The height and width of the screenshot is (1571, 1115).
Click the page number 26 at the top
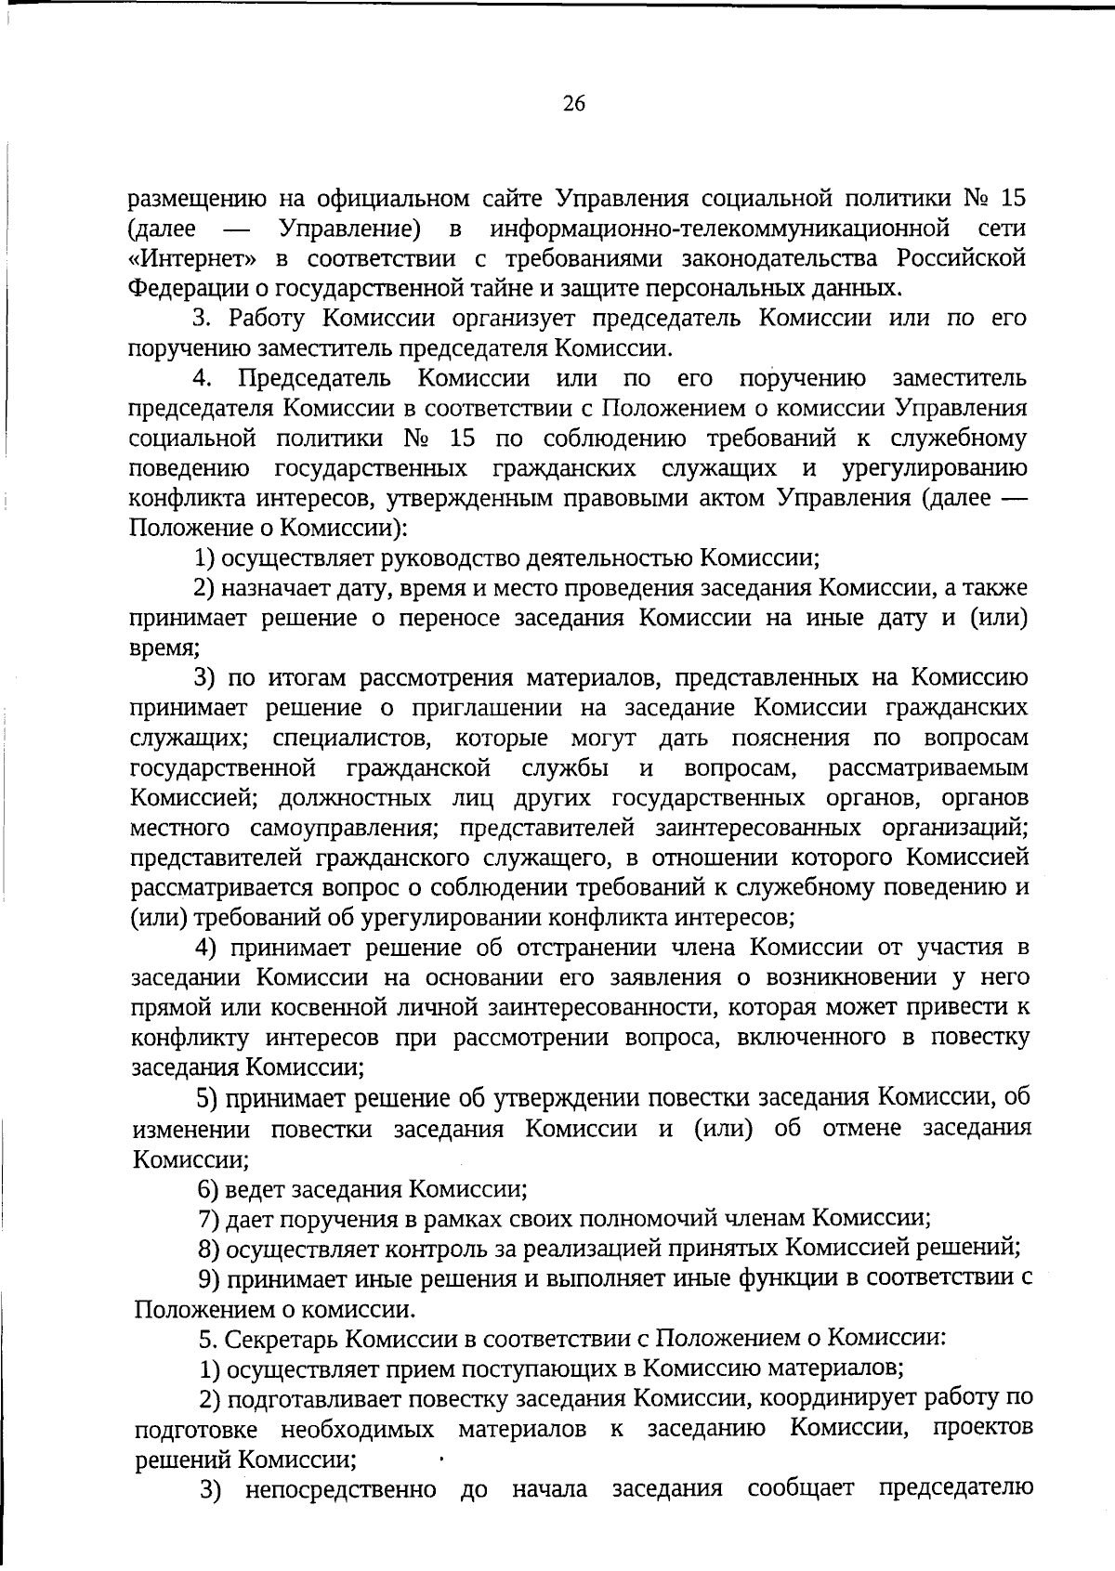tap(573, 104)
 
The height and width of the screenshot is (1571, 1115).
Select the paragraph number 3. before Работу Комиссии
tap(203, 319)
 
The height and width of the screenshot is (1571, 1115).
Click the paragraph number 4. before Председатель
tap(203, 378)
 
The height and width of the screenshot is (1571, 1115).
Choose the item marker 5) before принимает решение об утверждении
tap(207, 1098)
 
